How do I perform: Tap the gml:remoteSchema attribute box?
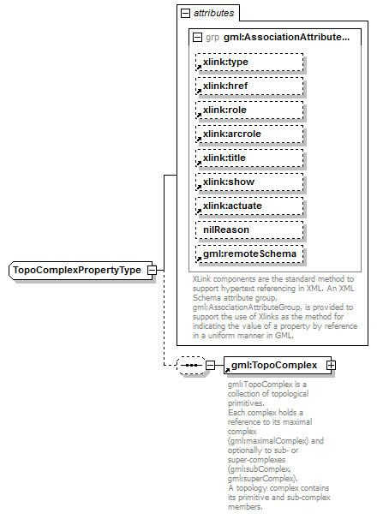(x=250, y=254)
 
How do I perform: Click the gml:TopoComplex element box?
(x=274, y=366)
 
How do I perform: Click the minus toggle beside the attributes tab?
(x=185, y=14)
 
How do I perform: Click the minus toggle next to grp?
(x=198, y=38)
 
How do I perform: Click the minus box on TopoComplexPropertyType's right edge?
(x=152, y=270)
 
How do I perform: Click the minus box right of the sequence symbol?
(x=210, y=366)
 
